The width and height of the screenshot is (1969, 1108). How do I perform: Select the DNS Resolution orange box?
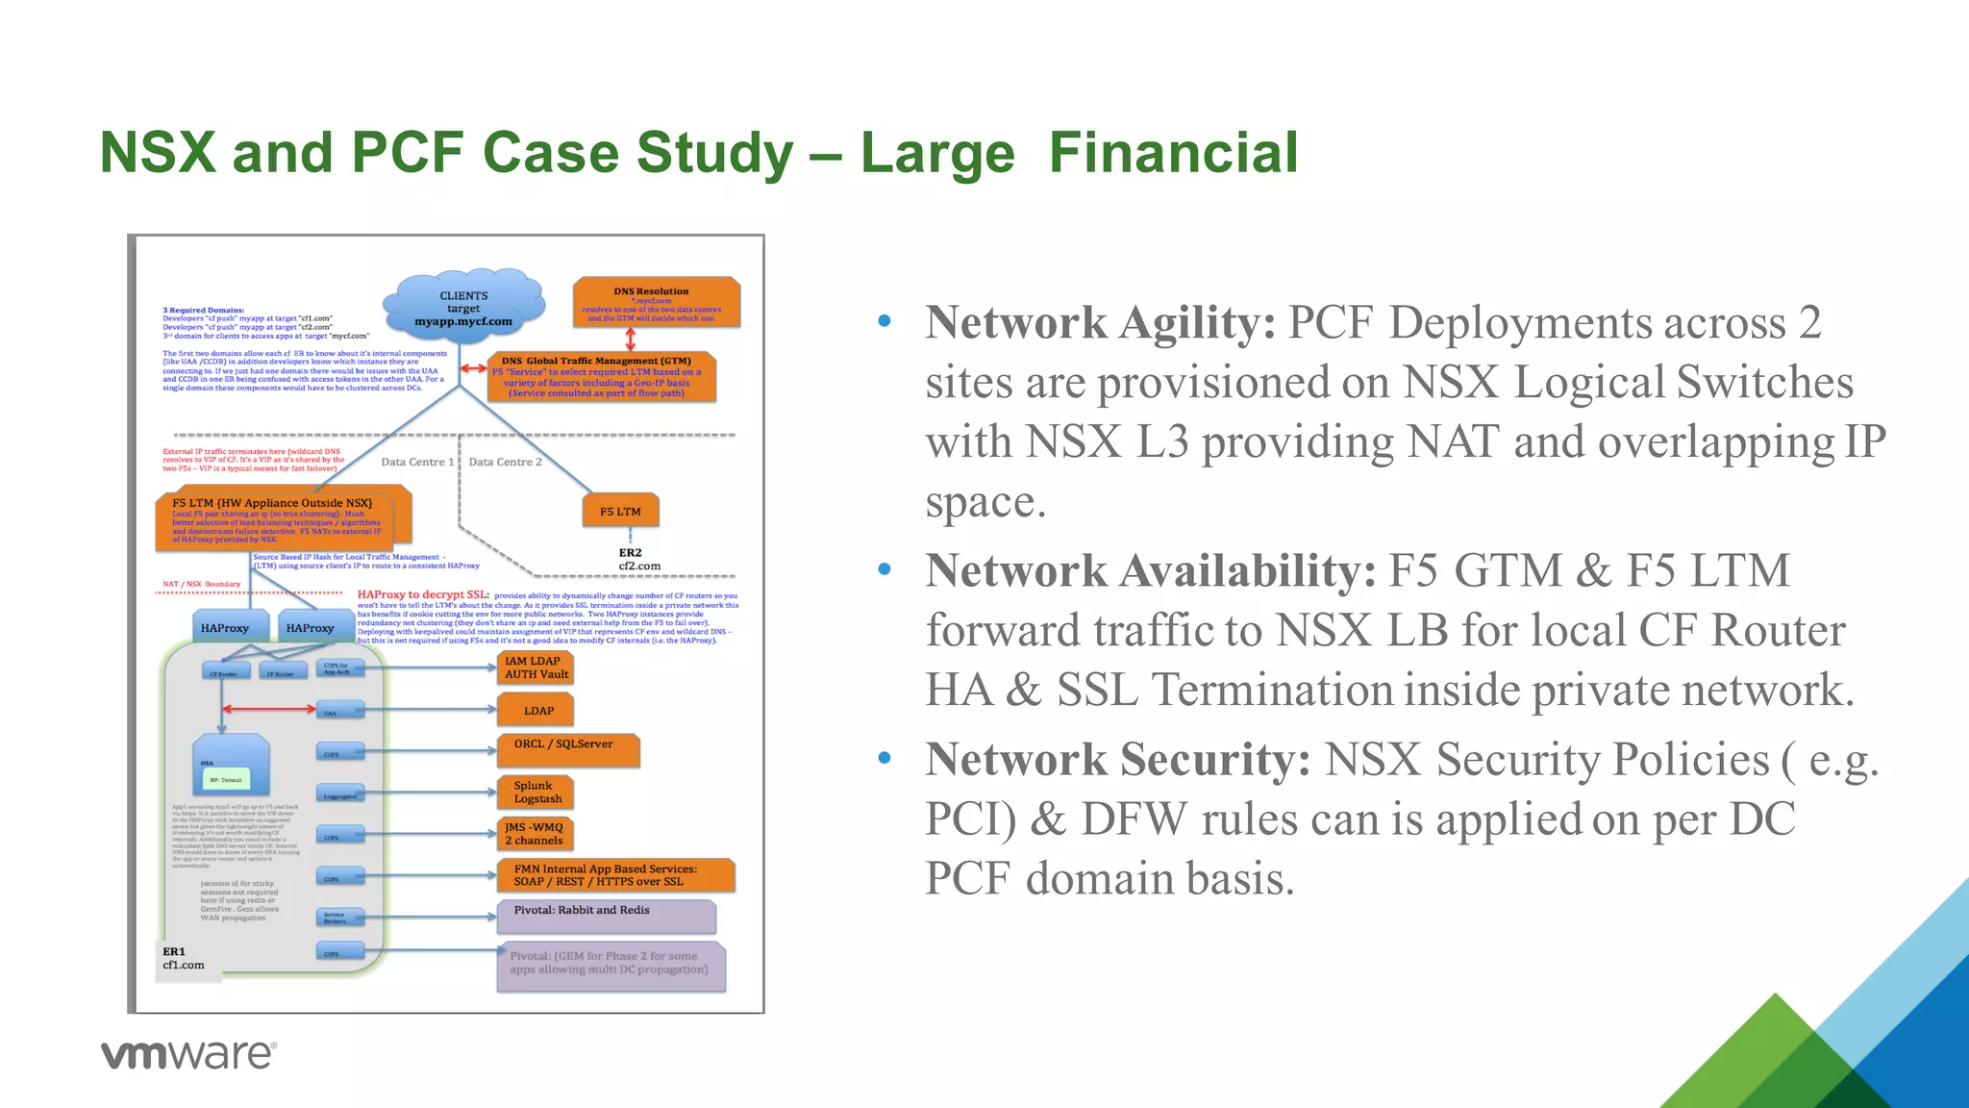pos(656,303)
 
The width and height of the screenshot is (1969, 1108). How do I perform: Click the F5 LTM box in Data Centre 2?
pos(621,511)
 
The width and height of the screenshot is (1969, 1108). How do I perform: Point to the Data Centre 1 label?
pos(416,462)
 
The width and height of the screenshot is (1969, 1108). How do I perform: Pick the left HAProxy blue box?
pos(224,627)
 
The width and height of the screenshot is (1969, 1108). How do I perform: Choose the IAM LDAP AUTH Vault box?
pos(536,667)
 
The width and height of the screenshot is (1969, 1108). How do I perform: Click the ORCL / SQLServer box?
pos(567,749)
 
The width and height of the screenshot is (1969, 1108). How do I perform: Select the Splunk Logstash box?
pos(536,792)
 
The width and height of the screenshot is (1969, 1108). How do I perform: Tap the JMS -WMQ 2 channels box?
pos(536,833)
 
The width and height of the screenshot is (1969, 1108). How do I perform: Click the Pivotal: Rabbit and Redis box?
pos(606,916)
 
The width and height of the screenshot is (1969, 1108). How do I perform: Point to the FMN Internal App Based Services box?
pos(615,874)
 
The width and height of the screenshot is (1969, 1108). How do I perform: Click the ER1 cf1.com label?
pos(184,958)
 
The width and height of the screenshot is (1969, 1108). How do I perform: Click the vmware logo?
pos(188,1054)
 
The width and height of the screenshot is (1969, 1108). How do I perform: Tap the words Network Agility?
pos(1100,322)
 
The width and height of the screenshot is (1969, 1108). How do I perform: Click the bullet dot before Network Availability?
pos(885,569)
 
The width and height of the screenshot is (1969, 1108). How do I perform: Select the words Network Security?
pos(1117,759)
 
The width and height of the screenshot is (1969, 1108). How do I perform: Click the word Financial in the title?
pos(1173,153)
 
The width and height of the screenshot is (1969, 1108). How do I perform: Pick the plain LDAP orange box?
pos(536,711)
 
